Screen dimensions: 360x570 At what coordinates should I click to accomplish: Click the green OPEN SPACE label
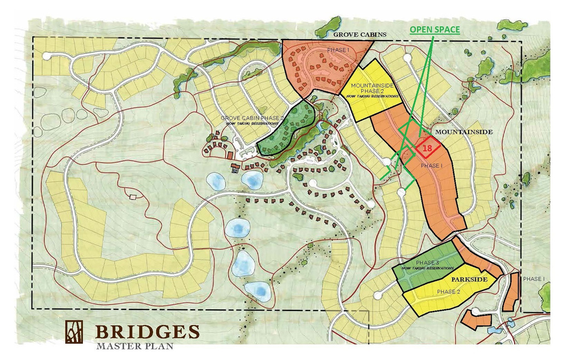[x=435, y=29]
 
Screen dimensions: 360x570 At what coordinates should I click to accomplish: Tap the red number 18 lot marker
[x=427, y=148]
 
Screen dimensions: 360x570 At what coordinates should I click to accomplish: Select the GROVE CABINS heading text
[x=359, y=34]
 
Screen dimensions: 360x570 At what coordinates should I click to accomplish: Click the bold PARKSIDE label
[x=469, y=279]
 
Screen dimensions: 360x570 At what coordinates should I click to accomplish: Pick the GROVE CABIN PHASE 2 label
[x=252, y=118]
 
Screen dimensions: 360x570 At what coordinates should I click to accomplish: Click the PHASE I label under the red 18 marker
[x=431, y=166]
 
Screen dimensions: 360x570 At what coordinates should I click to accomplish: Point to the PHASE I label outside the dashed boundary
[x=534, y=279]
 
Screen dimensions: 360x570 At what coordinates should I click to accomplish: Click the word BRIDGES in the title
[x=148, y=332]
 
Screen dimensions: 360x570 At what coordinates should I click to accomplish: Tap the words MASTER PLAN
[x=134, y=346]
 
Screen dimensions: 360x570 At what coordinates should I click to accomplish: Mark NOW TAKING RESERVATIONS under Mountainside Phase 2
[x=374, y=96]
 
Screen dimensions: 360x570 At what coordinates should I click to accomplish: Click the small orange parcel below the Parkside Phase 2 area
[x=476, y=320]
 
